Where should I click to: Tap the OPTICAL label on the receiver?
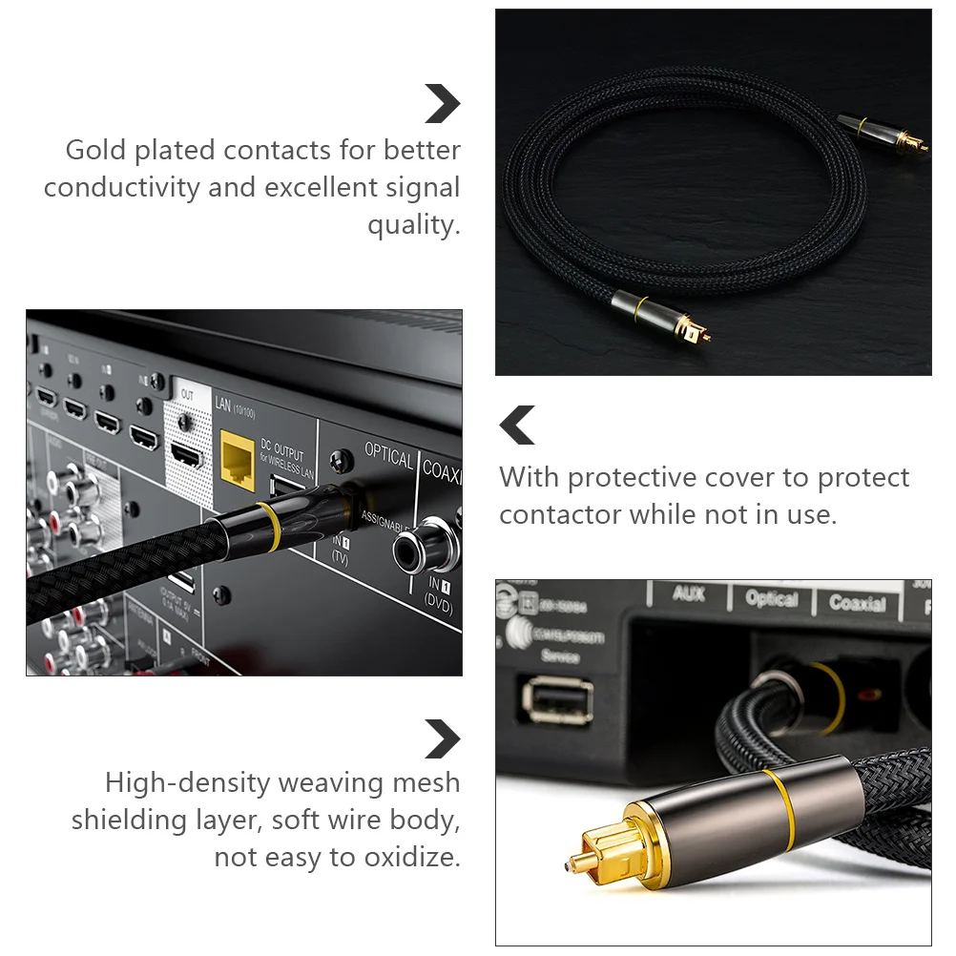tap(388, 459)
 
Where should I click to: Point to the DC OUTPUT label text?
tap(282, 448)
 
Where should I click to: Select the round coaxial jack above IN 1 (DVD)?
tap(418, 547)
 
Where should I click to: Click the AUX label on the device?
tap(688, 593)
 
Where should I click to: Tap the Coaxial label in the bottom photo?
tap(857, 603)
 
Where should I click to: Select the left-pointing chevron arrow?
tap(518, 426)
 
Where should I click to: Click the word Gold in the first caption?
tap(94, 151)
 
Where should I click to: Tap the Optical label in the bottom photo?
tap(771, 599)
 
